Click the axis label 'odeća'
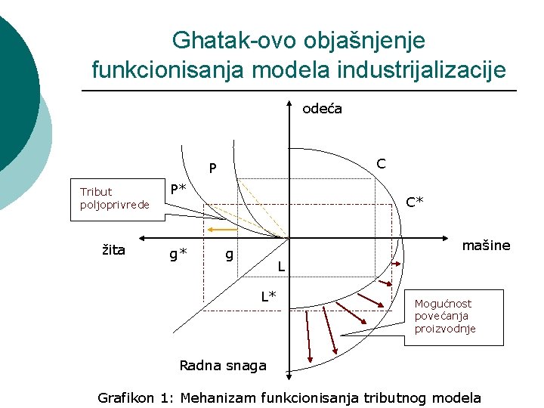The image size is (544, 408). click(322, 109)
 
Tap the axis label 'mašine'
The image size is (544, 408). click(486, 246)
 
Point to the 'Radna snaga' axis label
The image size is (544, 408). click(223, 366)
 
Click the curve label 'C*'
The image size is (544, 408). click(415, 202)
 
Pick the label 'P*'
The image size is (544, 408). click(178, 189)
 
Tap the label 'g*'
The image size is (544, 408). click(178, 254)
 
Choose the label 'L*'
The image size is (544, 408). click(268, 295)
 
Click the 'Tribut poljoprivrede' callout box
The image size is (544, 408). click(116, 198)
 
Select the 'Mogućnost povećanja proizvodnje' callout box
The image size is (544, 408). click(458, 317)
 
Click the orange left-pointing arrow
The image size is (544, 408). click(223, 227)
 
